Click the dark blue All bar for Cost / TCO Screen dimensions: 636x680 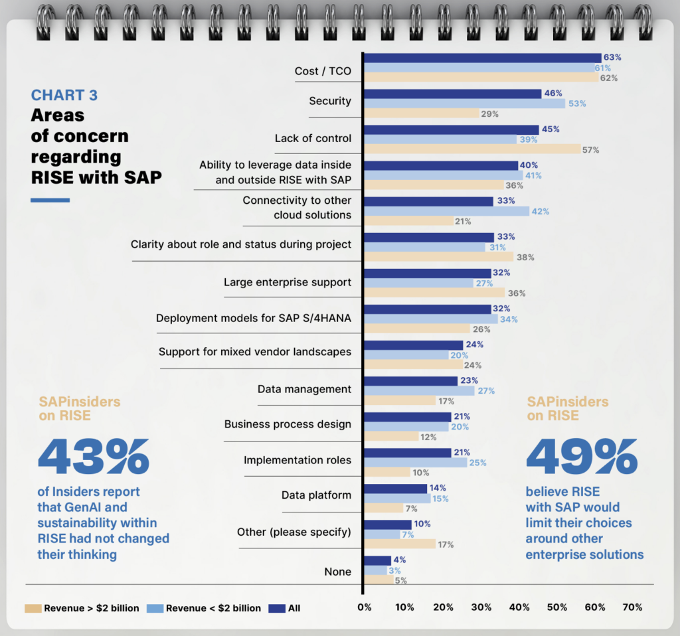point(482,58)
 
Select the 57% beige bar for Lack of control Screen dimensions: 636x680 point(472,149)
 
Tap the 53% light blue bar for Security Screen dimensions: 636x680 point(464,104)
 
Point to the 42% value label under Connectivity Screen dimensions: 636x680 point(541,211)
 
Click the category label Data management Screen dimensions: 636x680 point(304,389)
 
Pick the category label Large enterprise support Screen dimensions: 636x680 point(287,282)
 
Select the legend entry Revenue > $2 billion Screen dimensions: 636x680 point(82,608)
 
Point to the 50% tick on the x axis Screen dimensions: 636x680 point(557,607)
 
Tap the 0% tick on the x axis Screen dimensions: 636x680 point(365,607)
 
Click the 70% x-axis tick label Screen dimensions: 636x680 point(632,607)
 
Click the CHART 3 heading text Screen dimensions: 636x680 point(64,95)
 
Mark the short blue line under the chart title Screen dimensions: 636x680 point(50,200)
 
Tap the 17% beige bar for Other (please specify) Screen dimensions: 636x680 point(399,544)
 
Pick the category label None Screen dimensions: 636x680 point(337,572)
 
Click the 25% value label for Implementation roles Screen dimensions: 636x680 point(477,462)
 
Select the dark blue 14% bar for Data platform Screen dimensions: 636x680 point(395,488)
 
